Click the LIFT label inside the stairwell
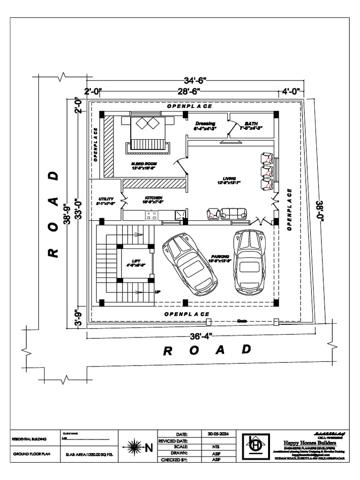pyautogui.click(x=136, y=261)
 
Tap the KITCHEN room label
pyautogui.click(x=154, y=198)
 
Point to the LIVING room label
pyautogui.click(x=229, y=179)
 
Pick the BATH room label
pyautogui.click(x=251, y=123)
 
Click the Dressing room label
pyautogui.click(x=205, y=124)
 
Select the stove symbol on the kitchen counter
pyautogui.click(x=151, y=215)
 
